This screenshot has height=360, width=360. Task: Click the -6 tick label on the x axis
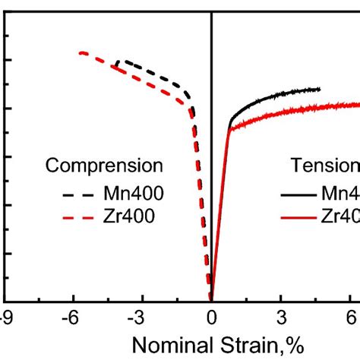68,316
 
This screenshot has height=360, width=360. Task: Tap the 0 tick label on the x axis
212,316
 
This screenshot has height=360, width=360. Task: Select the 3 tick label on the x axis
282,316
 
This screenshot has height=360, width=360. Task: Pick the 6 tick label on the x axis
352,316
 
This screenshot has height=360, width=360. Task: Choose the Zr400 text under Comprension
128,217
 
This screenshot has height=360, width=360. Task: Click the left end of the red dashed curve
81,52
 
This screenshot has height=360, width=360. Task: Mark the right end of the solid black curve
321,89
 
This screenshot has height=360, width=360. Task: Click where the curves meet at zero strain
212,299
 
